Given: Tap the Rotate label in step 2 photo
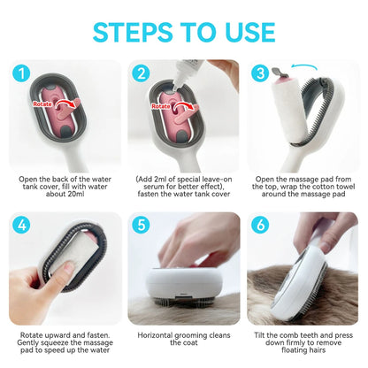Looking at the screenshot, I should tap(161, 106).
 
